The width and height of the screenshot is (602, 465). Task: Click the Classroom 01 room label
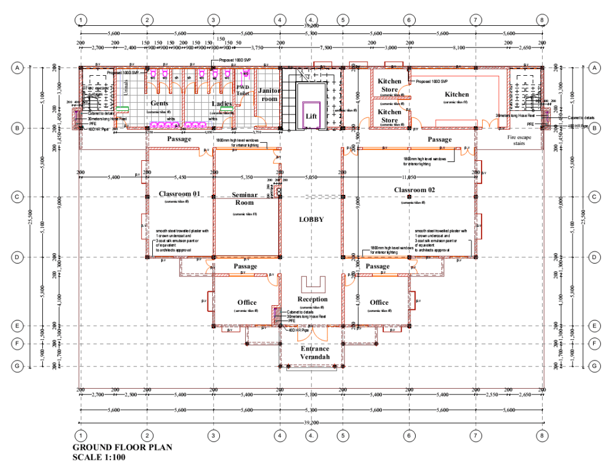click(x=179, y=194)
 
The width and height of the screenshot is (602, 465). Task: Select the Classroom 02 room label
click(x=414, y=190)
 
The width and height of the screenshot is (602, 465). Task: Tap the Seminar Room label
click(x=245, y=198)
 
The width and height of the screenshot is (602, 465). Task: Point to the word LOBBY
click(x=312, y=219)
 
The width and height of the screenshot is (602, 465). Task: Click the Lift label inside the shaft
click(x=311, y=116)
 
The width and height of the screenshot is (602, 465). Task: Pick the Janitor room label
click(x=269, y=95)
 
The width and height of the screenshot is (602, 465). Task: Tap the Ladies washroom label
click(x=222, y=104)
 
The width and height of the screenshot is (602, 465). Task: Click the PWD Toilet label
click(x=243, y=90)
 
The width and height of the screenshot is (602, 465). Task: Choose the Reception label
click(x=312, y=299)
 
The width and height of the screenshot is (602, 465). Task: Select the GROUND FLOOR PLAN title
click(x=122, y=447)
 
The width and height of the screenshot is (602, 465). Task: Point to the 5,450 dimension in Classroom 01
click(x=180, y=177)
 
